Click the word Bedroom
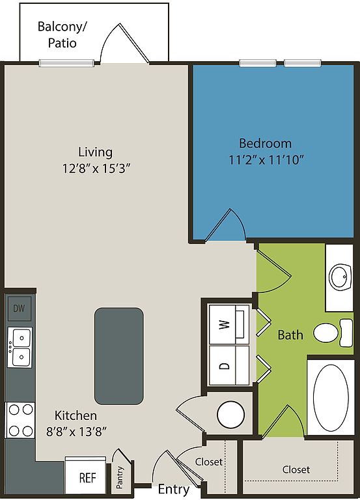click(265, 143)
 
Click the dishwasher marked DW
click(19, 309)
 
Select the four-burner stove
click(20, 420)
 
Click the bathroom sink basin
click(340, 277)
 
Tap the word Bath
click(290, 335)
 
